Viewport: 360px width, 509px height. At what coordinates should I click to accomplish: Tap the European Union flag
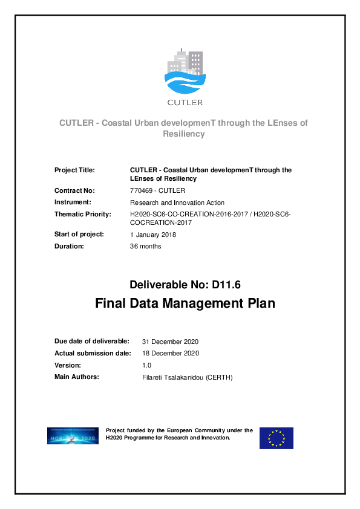(x=277, y=438)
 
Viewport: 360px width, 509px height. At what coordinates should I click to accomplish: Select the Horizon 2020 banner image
(x=73, y=436)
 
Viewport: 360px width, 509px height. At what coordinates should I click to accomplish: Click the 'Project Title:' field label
(x=74, y=170)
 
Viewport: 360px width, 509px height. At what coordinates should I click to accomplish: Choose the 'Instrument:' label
(x=73, y=202)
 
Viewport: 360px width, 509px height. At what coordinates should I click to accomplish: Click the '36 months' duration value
(x=146, y=246)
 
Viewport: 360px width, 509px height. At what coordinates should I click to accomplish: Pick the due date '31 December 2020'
(x=170, y=342)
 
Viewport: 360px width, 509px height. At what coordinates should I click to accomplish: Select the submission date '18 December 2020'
(x=170, y=354)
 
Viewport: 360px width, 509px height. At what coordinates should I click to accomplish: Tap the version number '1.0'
(x=146, y=365)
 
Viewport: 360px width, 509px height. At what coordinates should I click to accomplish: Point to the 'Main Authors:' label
(x=77, y=377)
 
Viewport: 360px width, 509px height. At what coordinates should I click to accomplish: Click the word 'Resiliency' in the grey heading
(x=184, y=134)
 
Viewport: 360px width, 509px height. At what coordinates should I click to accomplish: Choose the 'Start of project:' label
(x=79, y=234)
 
